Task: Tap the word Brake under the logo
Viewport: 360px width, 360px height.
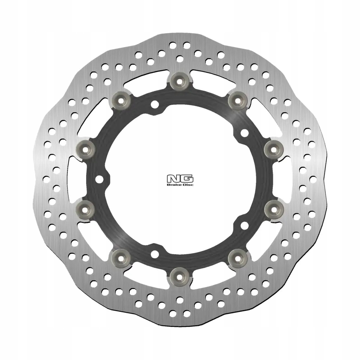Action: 175,184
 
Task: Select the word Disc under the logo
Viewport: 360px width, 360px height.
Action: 184,184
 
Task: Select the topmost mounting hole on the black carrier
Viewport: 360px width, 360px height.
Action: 154,104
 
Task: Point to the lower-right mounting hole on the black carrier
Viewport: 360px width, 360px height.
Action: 243,225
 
